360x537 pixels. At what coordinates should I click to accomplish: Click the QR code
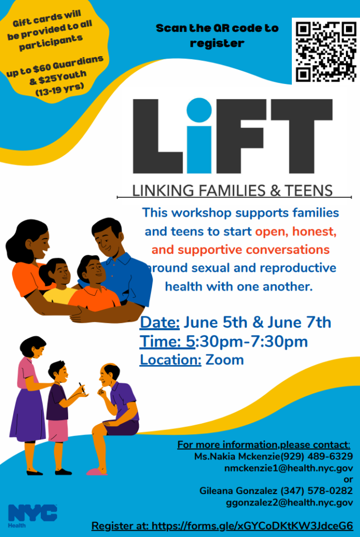[326, 52]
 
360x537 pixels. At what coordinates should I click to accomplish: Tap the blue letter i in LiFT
[199, 135]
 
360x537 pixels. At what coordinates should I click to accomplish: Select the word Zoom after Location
[224, 360]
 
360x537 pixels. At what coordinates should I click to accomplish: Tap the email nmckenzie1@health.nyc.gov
[289, 468]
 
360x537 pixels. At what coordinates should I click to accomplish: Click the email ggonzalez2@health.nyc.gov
[289, 502]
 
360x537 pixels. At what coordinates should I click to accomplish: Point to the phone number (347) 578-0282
[317, 491]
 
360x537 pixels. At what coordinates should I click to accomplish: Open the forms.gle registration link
[252, 526]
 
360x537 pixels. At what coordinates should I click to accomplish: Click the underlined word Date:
[159, 323]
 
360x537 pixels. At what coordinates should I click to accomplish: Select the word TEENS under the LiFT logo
[308, 190]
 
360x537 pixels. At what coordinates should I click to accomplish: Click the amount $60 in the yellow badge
[42, 67]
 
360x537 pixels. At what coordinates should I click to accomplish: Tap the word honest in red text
[314, 231]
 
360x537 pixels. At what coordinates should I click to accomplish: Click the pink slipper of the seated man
[96, 472]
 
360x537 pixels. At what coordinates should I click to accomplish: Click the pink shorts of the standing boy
[58, 431]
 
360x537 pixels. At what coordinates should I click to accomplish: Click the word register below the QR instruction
[217, 44]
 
